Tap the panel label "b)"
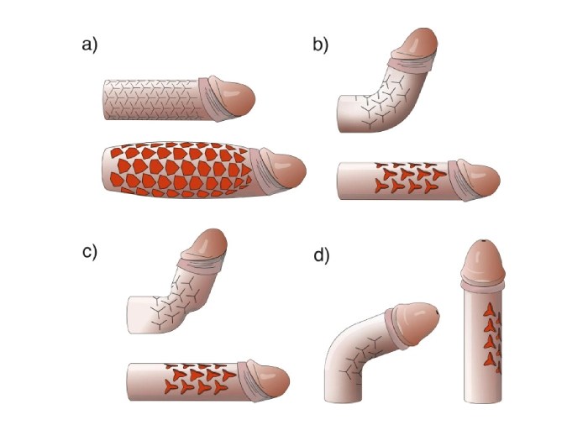pos(321,46)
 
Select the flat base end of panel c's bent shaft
pos(129,313)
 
